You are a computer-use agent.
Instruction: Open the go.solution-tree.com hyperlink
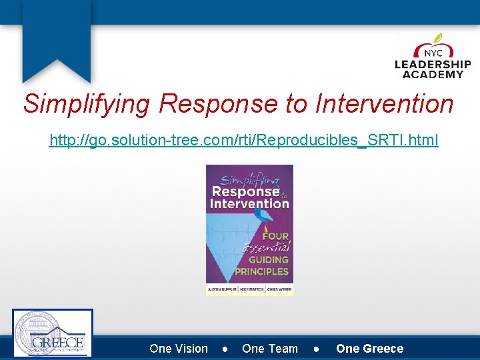244,141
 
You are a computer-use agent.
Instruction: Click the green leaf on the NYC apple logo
438,39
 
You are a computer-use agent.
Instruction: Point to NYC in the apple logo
433,52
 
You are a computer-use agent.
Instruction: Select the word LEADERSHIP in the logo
433,65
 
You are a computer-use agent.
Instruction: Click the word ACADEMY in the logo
433,74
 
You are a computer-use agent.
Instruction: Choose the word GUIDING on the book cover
269,260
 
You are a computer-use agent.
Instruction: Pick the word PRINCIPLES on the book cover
262,271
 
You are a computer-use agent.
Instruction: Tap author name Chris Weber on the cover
279,289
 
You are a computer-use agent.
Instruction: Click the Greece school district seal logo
53,333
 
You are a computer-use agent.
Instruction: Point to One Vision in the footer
179,349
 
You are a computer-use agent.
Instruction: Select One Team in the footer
270,349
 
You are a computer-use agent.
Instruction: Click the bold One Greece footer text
369,349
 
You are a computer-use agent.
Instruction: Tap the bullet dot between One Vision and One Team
225,349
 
